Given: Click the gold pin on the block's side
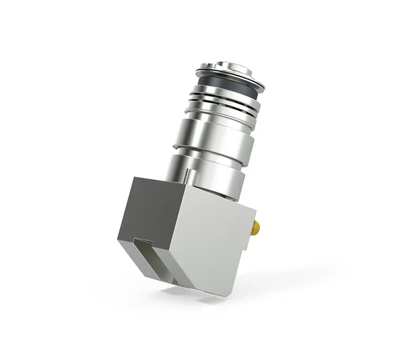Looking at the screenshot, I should [255, 228].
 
